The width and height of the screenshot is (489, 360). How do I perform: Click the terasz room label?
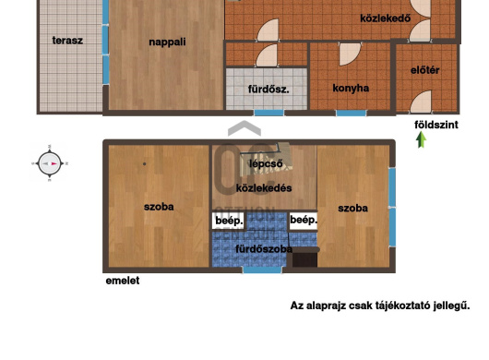67,41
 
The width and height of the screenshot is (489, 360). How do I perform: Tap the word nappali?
167,42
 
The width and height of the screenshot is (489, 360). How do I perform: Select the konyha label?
351,89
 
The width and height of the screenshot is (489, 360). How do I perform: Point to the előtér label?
424,70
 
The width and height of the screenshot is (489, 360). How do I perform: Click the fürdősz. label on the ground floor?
268,90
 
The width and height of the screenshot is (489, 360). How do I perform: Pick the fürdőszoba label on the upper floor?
264,249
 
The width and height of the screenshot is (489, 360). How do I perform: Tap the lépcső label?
266,163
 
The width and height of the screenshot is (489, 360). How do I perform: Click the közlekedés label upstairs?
264,188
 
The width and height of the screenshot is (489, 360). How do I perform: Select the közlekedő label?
385,18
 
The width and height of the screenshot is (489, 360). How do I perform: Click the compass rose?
49,163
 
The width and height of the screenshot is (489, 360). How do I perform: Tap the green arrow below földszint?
422,139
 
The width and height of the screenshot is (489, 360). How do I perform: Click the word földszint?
436,125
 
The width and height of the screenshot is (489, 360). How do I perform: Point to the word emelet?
123,281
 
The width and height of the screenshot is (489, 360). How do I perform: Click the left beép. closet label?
229,221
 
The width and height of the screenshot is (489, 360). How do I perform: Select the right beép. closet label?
304,220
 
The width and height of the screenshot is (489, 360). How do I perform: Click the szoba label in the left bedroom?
159,207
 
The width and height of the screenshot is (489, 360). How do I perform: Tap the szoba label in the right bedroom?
352,209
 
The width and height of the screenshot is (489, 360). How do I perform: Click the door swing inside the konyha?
350,54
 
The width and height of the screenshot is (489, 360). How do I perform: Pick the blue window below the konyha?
352,113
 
